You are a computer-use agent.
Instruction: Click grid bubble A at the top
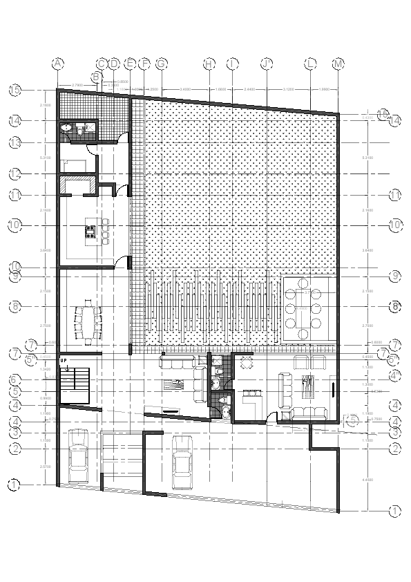click(58, 64)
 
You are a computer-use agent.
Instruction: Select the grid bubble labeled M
click(338, 64)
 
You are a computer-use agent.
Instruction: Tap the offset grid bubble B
click(97, 76)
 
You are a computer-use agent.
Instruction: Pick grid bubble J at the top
click(267, 64)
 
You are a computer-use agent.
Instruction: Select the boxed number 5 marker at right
click(353, 419)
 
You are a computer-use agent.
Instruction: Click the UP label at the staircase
click(64, 361)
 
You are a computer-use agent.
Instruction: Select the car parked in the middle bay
click(182, 470)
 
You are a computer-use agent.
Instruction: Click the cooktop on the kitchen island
click(90, 229)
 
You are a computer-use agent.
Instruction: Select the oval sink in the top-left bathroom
click(66, 128)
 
